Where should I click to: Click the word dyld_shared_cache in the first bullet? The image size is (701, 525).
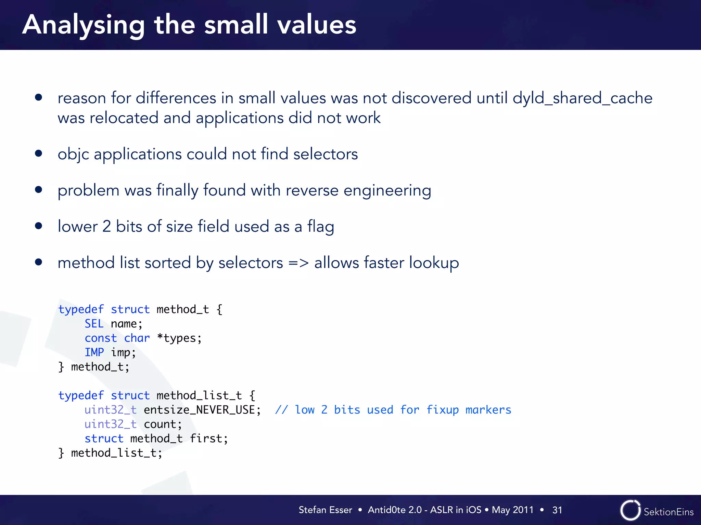[x=582, y=98]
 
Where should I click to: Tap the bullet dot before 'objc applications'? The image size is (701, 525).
[x=38, y=153]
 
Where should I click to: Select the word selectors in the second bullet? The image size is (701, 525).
[x=325, y=154]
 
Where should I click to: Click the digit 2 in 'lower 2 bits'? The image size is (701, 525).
[x=106, y=227]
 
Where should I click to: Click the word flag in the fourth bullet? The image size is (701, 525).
[x=320, y=227]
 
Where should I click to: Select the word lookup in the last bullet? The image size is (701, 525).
[x=434, y=263]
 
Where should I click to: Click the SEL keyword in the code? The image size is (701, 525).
[x=94, y=324]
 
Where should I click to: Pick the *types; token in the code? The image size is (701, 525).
[x=179, y=338]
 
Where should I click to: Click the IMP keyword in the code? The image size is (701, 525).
[x=94, y=352]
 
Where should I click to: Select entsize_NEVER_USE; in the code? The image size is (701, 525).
[x=202, y=410]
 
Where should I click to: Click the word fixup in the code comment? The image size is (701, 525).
[x=442, y=410]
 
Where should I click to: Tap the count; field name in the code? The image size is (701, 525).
[x=163, y=424]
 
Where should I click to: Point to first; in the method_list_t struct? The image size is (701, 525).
[x=208, y=439]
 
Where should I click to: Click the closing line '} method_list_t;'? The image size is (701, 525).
[x=110, y=453]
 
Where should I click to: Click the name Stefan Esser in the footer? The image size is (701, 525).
[x=325, y=510]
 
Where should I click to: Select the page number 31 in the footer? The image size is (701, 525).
[x=557, y=510]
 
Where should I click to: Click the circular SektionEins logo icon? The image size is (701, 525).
[x=630, y=510]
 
